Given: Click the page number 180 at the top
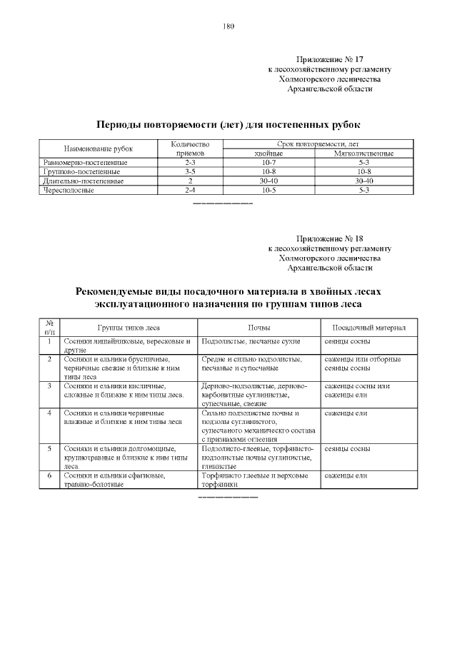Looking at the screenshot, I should click(228, 26).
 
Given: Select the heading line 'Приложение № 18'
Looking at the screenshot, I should click(329, 238).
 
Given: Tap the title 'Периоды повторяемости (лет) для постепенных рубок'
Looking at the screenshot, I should click(228, 123).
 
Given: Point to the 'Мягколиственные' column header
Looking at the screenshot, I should click(363, 153).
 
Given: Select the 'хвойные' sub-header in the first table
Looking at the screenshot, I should click(268, 153).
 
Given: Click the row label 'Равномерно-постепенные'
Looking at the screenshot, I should click(86, 163).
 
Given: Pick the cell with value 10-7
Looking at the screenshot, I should click(268, 163).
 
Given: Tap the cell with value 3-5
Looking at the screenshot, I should click(190, 172).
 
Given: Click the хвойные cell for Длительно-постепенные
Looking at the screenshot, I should click(268, 181).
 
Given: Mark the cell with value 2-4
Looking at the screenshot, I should click(190, 191).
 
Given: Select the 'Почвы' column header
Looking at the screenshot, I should click(258, 328).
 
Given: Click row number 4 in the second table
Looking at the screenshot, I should click(49, 413).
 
